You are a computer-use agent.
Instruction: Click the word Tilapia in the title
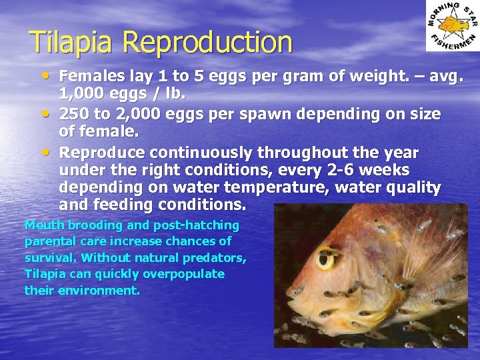[x=73, y=43]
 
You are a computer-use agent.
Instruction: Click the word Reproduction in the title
[x=207, y=43]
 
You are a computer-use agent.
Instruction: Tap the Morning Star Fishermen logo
[x=453, y=26]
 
